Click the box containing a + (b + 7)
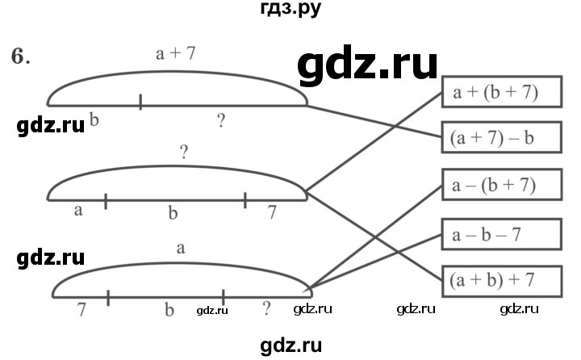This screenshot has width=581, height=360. point(501,94)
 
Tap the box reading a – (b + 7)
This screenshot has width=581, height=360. point(501,187)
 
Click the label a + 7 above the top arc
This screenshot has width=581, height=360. point(175,55)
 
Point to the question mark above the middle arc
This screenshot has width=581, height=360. point(185,153)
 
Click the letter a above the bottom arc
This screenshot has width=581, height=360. point(181,249)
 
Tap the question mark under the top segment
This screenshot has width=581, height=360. point(221,122)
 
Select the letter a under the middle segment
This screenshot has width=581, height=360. point(78,211)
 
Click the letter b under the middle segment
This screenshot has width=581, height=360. point(172,213)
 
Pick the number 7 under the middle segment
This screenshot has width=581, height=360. point(272,212)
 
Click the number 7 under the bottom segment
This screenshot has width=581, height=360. point(82,308)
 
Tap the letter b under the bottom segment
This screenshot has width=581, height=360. point(169,309)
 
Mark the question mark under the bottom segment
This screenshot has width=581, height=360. point(266,308)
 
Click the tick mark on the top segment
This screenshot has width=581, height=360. point(140,102)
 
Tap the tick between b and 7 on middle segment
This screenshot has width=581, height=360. point(245,199)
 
